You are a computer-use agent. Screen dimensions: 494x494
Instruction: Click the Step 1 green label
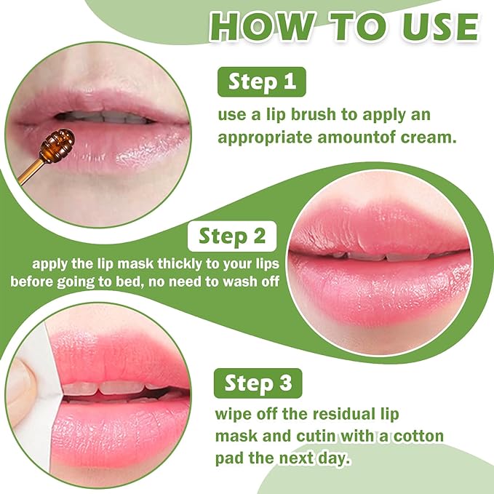click(262, 81)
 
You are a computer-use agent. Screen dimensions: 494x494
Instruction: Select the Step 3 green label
click(258, 383)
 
